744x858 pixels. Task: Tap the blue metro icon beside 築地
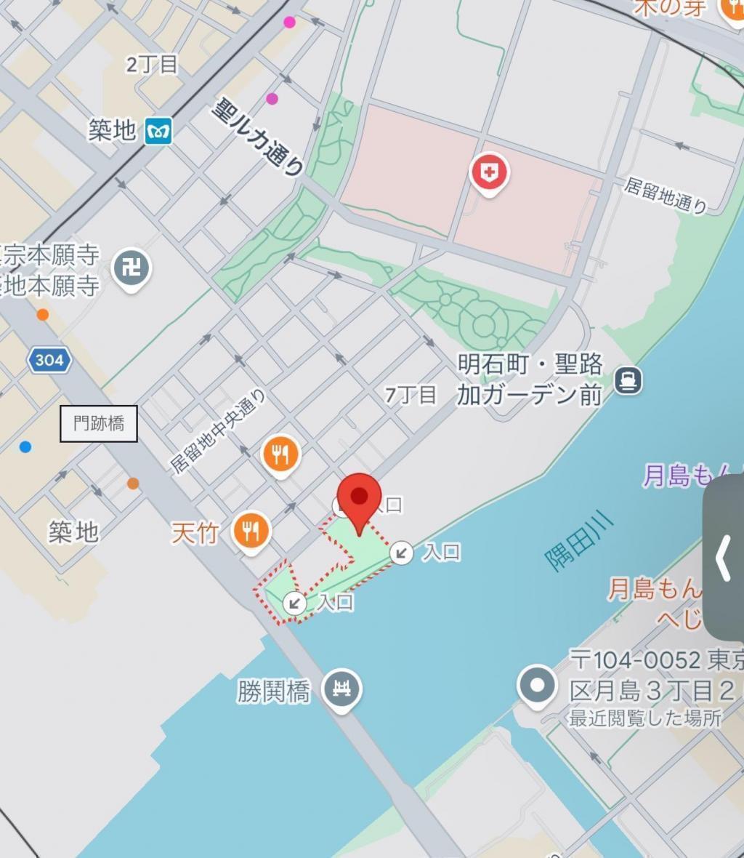click(x=158, y=131)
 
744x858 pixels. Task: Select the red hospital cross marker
click(x=489, y=173)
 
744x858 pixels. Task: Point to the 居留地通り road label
click(x=665, y=195)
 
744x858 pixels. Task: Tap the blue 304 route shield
click(x=49, y=360)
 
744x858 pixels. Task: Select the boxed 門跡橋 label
click(x=98, y=423)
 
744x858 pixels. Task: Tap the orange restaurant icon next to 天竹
click(x=251, y=532)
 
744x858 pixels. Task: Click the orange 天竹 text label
click(x=195, y=533)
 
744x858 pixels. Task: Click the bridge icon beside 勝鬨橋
click(x=341, y=688)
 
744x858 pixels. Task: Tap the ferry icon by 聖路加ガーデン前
click(x=628, y=380)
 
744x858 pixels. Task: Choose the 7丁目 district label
click(x=411, y=395)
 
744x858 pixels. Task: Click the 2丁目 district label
click(x=151, y=64)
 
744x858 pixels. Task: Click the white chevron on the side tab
click(x=722, y=558)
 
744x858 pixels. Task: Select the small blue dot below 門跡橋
click(x=25, y=446)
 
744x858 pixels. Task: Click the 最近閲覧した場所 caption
click(x=644, y=718)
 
